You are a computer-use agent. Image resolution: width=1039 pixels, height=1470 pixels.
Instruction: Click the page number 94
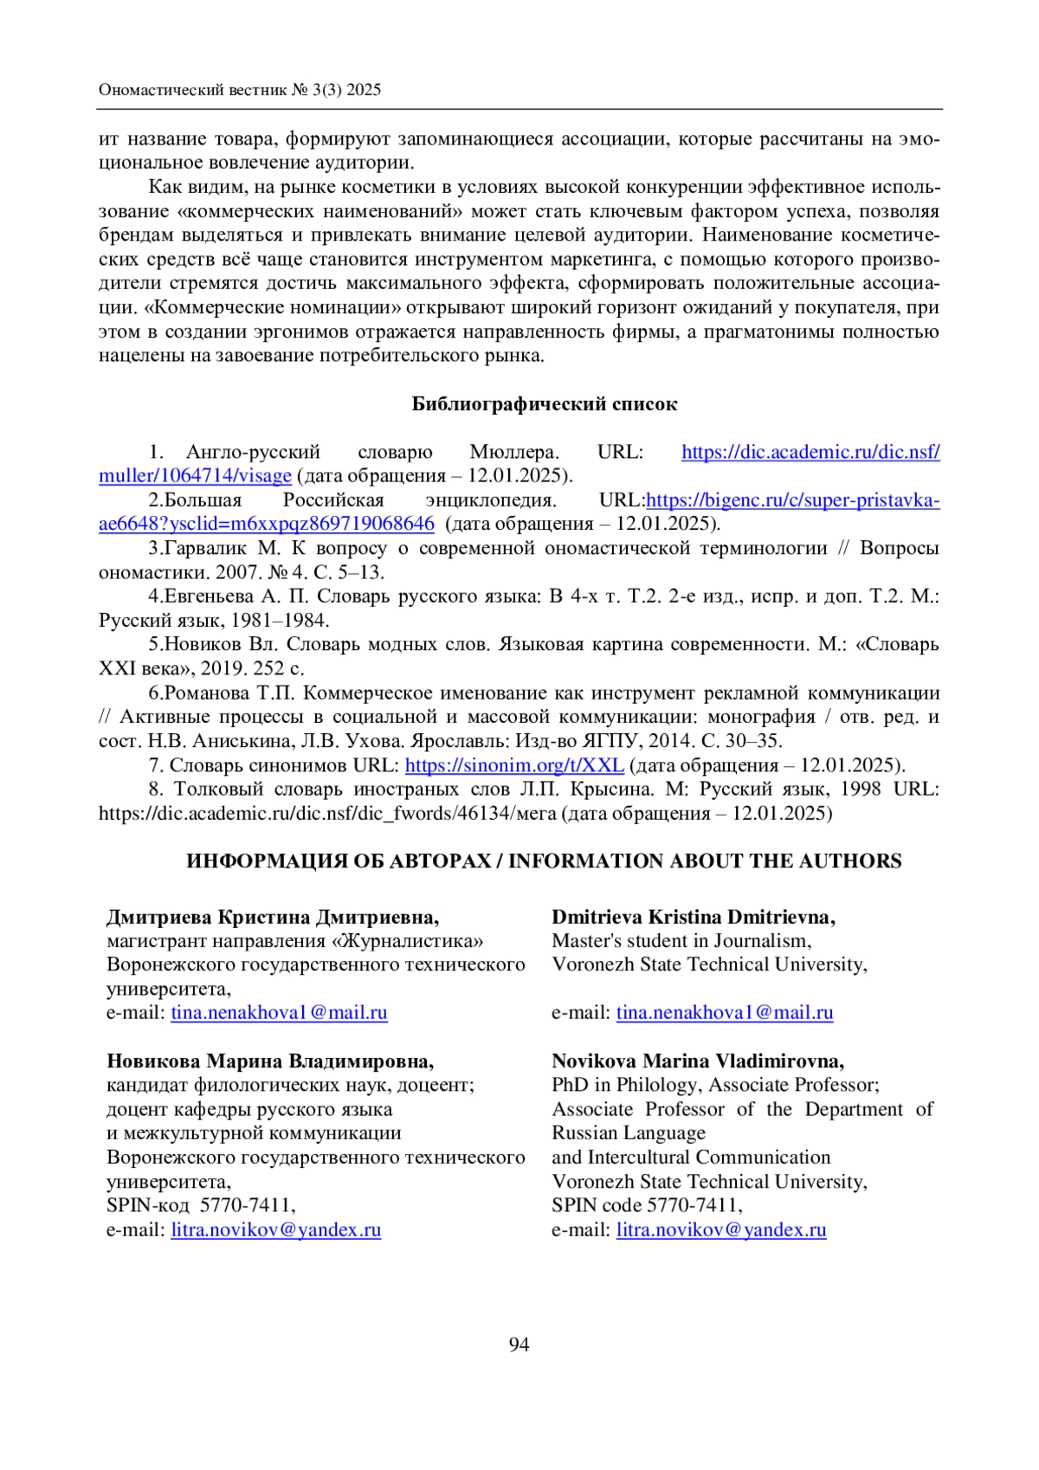519,1344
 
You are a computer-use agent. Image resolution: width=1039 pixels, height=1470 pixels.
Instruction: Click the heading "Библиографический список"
544,403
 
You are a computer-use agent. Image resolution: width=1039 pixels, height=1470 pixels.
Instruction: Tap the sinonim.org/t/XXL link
514,765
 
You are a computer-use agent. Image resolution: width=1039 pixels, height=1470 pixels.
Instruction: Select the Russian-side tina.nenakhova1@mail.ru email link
279,1013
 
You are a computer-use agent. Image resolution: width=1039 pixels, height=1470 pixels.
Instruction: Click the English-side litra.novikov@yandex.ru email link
721,1230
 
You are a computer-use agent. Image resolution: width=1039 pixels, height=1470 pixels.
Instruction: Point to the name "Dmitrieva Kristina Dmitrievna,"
693,917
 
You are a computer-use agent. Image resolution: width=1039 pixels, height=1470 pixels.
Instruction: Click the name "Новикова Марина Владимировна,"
270,1061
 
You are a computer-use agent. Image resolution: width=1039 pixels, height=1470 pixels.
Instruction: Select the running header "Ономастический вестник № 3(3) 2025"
240,90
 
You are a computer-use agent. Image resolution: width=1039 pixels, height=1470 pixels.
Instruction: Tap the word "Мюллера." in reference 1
514,452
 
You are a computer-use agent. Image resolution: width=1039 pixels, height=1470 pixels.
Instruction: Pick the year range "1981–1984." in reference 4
281,621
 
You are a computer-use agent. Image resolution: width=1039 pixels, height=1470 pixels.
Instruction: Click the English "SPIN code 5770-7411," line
647,1205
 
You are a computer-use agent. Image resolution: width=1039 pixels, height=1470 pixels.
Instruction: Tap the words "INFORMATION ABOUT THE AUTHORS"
705,861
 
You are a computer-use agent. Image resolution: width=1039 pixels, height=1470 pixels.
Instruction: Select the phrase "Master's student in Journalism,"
681,941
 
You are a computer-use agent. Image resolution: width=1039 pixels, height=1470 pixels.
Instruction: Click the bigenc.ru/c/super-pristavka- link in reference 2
793,500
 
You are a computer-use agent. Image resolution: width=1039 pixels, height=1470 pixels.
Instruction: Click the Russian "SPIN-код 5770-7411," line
201,1205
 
